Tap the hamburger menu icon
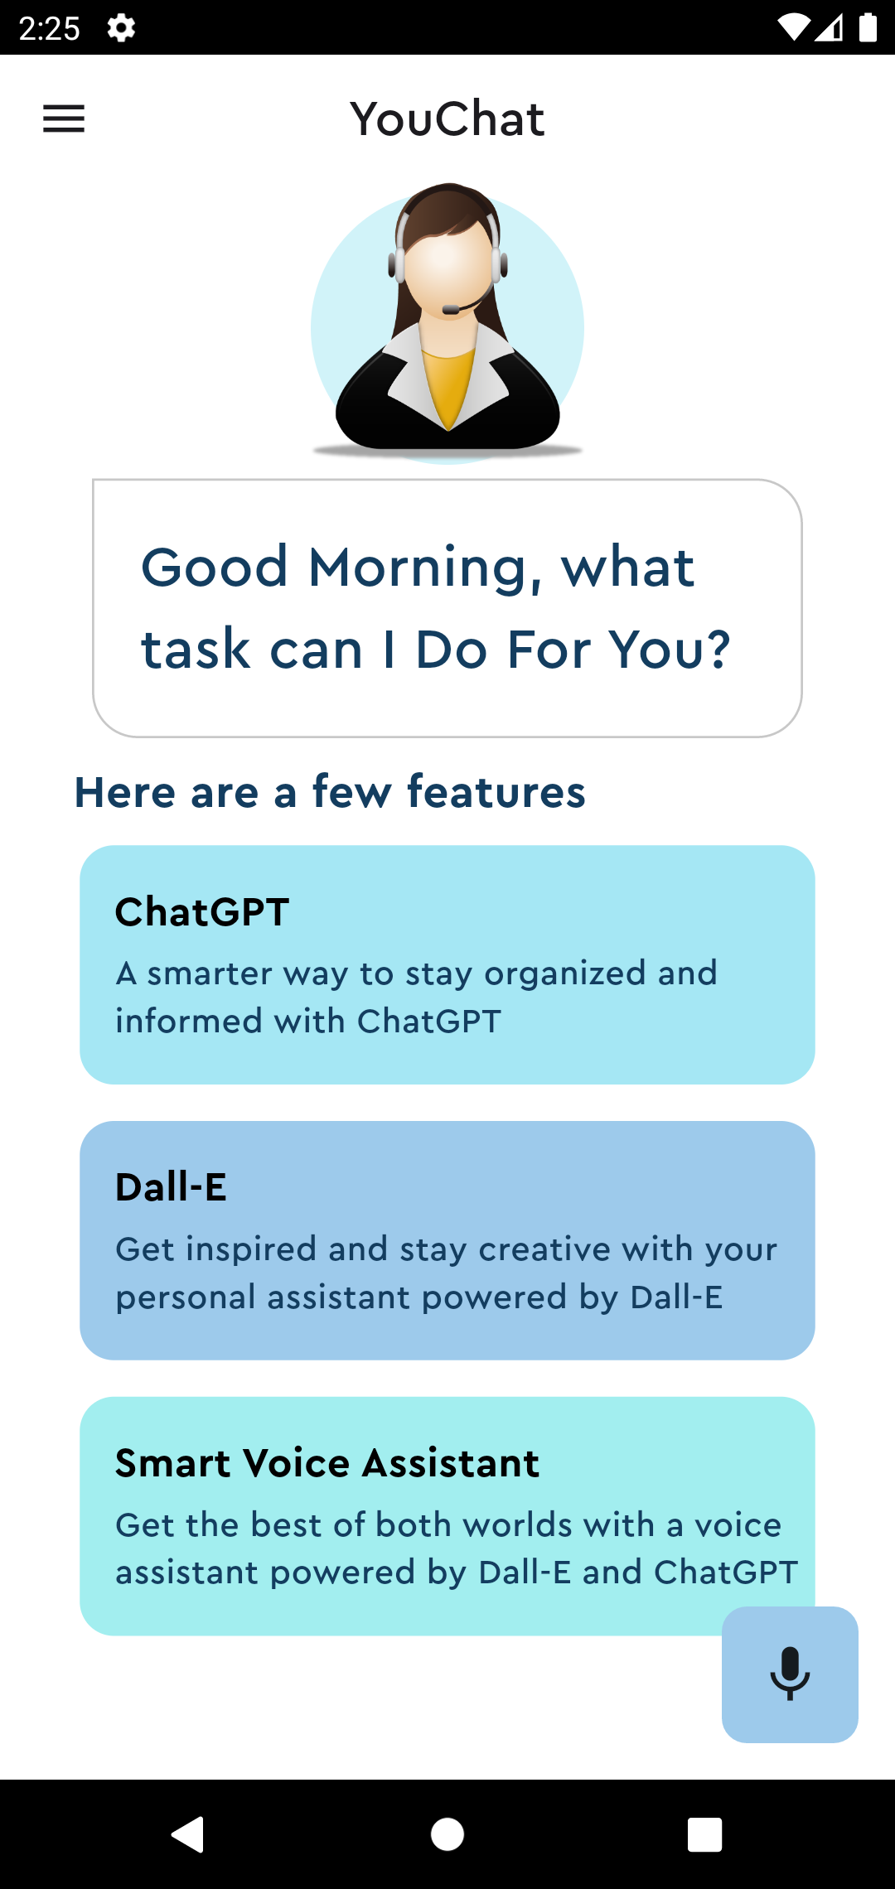(x=64, y=118)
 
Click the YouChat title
(x=447, y=118)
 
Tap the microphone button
(x=790, y=1674)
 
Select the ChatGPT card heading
(x=202, y=912)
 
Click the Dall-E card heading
(x=171, y=1187)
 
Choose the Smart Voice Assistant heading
(x=327, y=1463)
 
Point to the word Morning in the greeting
(x=418, y=568)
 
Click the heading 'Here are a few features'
(x=330, y=792)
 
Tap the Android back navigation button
(x=188, y=1834)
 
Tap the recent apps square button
(x=704, y=1834)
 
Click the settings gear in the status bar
(x=121, y=28)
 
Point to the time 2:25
(x=49, y=28)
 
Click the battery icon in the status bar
(x=868, y=27)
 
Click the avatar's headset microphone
(x=451, y=310)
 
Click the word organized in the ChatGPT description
(x=564, y=973)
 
